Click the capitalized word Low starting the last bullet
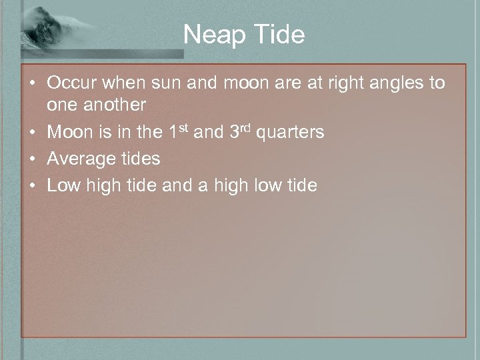(x=64, y=185)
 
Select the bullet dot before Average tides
(x=33, y=159)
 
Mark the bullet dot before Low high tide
(x=33, y=185)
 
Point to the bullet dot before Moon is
(x=33, y=132)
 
